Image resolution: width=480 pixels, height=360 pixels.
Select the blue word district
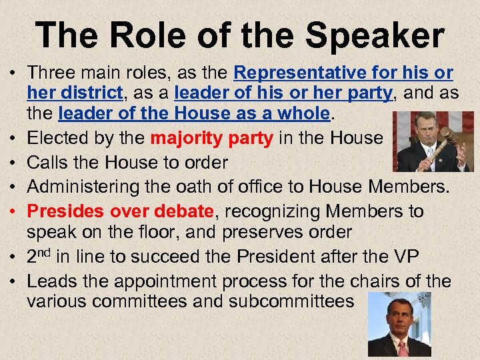coord(91,93)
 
